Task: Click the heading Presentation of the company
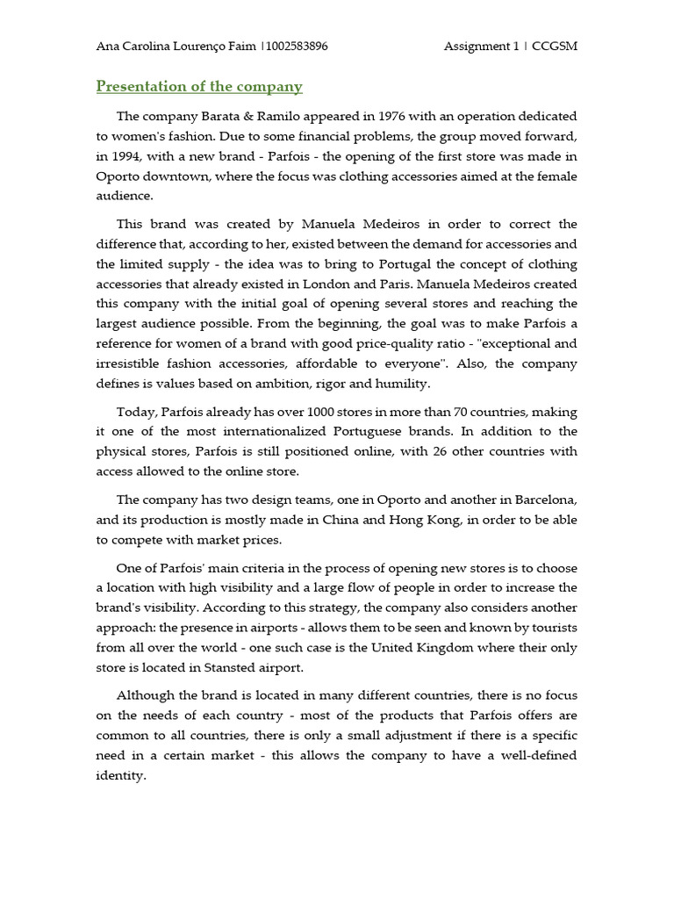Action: [199, 86]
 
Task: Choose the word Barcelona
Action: [541, 500]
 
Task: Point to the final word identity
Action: [120, 776]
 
